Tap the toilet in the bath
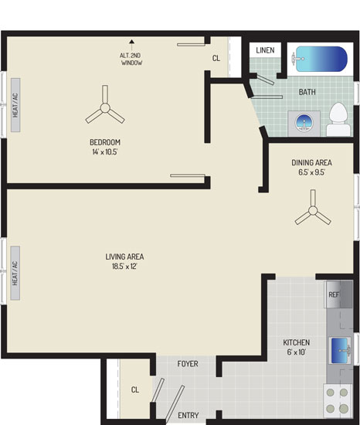(x=338, y=119)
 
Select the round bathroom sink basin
(x=304, y=123)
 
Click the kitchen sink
(x=340, y=350)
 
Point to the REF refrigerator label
(x=334, y=294)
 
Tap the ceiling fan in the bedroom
(x=105, y=107)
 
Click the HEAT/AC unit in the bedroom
(x=15, y=105)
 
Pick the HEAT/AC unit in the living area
(x=15, y=273)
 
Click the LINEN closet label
(x=265, y=50)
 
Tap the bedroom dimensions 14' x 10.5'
(x=105, y=151)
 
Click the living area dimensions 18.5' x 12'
(x=124, y=266)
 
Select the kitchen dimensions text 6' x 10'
(x=297, y=352)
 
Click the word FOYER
(x=188, y=364)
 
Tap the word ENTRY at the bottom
(x=188, y=415)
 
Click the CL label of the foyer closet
(x=135, y=389)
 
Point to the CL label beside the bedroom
(x=216, y=58)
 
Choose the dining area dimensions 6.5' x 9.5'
(x=312, y=172)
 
